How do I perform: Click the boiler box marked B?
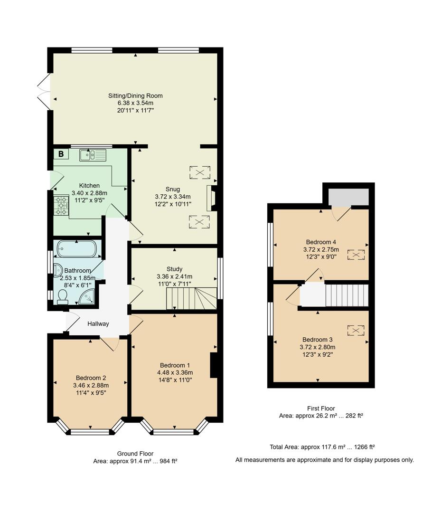click(61, 154)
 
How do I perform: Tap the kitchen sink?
click(94, 154)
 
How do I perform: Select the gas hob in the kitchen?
click(61, 206)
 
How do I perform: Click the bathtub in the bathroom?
click(77, 248)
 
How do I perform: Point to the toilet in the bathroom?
click(63, 296)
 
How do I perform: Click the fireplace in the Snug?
click(211, 198)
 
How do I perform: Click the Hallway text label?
click(98, 324)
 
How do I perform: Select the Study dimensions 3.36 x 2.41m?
click(174, 276)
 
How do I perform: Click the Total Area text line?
click(322, 447)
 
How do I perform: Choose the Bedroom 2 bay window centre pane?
click(90, 432)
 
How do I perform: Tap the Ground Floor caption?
click(135, 454)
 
